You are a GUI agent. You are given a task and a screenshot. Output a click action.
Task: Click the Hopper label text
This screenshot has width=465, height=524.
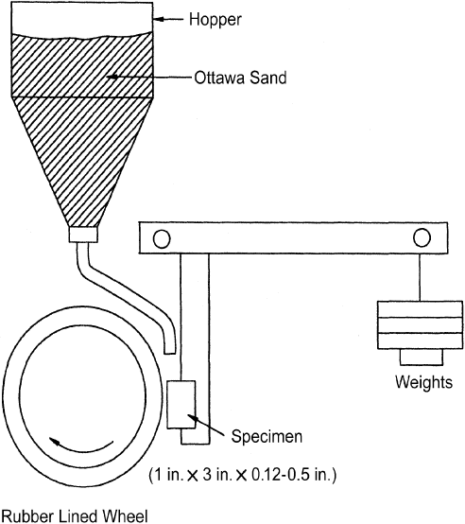[x=215, y=20]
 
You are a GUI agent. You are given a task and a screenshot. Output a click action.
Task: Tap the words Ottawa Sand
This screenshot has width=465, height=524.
[x=240, y=78]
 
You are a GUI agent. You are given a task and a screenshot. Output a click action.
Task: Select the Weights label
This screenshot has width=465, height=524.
[x=423, y=382]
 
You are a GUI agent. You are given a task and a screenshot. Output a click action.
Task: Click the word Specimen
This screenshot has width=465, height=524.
[x=267, y=436]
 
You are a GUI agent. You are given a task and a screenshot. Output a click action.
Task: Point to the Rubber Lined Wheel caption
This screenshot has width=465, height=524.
[x=75, y=516]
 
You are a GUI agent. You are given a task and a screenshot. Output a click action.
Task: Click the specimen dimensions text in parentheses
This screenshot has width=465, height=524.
[x=242, y=475]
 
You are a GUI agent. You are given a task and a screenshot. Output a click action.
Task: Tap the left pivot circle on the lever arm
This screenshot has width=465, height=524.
[x=162, y=239]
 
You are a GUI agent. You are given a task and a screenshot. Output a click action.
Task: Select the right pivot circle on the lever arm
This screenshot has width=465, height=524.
[x=422, y=237]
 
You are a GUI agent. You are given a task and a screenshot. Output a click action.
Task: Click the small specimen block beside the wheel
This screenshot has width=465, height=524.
[x=181, y=405]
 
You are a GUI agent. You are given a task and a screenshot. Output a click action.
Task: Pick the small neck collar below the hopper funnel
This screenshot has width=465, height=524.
[x=83, y=235]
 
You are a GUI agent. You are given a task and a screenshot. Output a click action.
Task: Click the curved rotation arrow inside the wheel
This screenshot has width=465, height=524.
[x=80, y=445]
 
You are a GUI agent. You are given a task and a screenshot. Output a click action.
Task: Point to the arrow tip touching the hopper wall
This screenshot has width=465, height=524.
[x=155, y=19]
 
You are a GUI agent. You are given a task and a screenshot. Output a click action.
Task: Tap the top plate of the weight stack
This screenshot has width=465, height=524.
[x=420, y=309]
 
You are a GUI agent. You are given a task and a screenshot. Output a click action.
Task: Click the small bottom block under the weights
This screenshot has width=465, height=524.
[x=422, y=358]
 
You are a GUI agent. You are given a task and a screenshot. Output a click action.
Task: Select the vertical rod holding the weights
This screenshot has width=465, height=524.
[x=421, y=277]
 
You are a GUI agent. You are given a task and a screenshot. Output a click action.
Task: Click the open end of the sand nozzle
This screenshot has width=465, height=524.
[x=169, y=353]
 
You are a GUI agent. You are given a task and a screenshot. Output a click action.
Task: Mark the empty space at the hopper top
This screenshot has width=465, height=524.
[x=82, y=17]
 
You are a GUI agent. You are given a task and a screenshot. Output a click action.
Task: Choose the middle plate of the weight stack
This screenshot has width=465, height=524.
[x=420, y=325]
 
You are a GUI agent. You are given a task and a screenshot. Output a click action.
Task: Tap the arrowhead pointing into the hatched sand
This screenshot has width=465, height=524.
[x=112, y=77]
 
